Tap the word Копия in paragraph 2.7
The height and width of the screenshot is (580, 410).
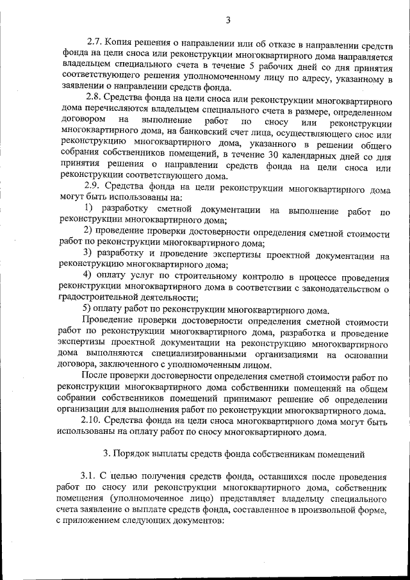tap(120, 45)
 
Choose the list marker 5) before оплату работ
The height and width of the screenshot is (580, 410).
tap(89, 311)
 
